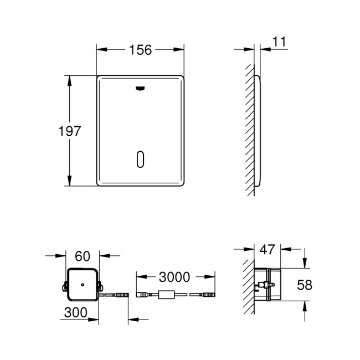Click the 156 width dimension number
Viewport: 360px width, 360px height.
pyautogui.click(x=141, y=50)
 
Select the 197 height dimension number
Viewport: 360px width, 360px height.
pyautogui.click(x=70, y=131)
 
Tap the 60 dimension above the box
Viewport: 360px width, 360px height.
pyautogui.click(x=82, y=256)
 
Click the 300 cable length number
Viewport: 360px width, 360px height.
pyautogui.click(x=76, y=312)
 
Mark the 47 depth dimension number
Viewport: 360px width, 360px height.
pyautogui.click(x=268, y=249)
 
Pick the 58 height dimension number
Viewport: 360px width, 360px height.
pyautogui.click(x=305, y=285)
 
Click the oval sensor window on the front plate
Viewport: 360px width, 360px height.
pyautogui.click(x=140, y=159)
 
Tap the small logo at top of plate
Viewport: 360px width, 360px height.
pyautogui.click(x=140, y=87)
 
